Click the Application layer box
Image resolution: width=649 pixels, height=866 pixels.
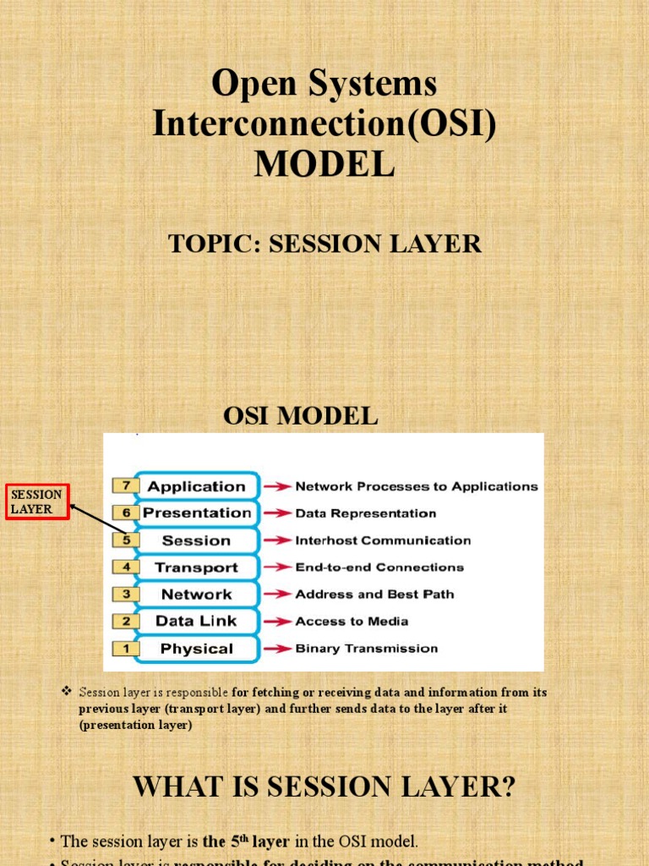pos(197,486)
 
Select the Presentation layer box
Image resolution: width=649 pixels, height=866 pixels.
pos(197,513)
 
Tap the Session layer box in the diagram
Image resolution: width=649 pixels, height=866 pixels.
pos(197,540)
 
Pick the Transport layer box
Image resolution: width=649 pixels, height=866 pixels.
pos(197,567)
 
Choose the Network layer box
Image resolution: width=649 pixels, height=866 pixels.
pos(197,595)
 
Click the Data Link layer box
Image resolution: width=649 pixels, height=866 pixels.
pos(197,622)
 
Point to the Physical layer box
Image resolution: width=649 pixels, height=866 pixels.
pos(197,649)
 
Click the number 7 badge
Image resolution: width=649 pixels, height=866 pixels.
pos(125,486)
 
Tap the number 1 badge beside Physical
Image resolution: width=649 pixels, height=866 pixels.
pos(125,649)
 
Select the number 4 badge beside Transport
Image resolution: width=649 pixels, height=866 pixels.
pos(125,567)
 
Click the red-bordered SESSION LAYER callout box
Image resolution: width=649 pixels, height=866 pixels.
pos(37,502)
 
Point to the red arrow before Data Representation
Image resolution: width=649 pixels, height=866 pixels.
pos(276,513)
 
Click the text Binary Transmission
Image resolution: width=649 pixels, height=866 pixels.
pos(366,649)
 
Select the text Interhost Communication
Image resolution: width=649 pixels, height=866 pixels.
pos(383,540)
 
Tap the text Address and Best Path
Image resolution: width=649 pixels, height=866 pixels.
pos(374,595)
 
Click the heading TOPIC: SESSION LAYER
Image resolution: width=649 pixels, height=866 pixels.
pos(324,244)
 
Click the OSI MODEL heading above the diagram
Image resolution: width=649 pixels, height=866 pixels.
pos(300,416)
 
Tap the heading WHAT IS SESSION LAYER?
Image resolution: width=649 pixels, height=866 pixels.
pos(324,787)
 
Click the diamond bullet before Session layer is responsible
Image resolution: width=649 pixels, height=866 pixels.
pos(67,692)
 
